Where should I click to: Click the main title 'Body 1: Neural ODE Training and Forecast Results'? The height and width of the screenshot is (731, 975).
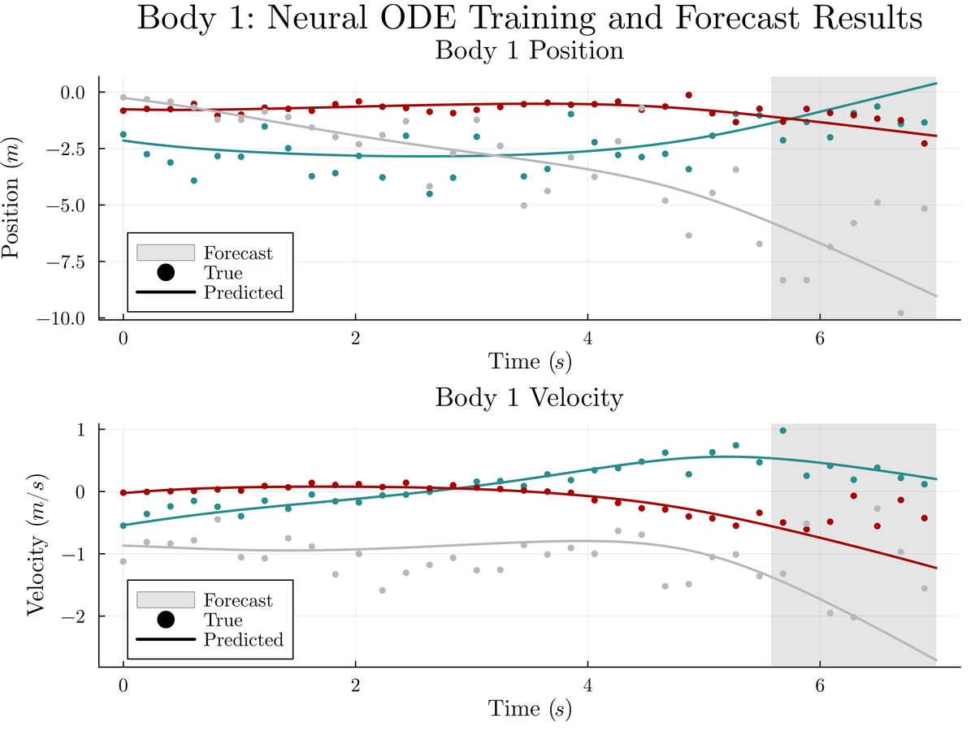click(530, 18)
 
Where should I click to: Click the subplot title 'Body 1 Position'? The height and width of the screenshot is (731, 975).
click(530, 50)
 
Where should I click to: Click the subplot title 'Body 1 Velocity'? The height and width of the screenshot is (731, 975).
click(530, 398)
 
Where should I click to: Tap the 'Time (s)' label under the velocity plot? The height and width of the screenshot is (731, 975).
click(530, 708)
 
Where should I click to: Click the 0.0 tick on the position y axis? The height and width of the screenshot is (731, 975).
click(76, 92)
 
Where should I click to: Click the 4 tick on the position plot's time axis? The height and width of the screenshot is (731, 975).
click(587, 336)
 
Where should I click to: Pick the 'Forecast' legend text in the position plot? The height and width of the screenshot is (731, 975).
click(238, 253)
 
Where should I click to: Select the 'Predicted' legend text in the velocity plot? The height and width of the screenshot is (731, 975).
click(243, 640)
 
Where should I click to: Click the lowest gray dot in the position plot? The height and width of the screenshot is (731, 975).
click(901, 313)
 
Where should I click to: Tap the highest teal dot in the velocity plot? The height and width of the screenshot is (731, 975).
click(783, 430)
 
